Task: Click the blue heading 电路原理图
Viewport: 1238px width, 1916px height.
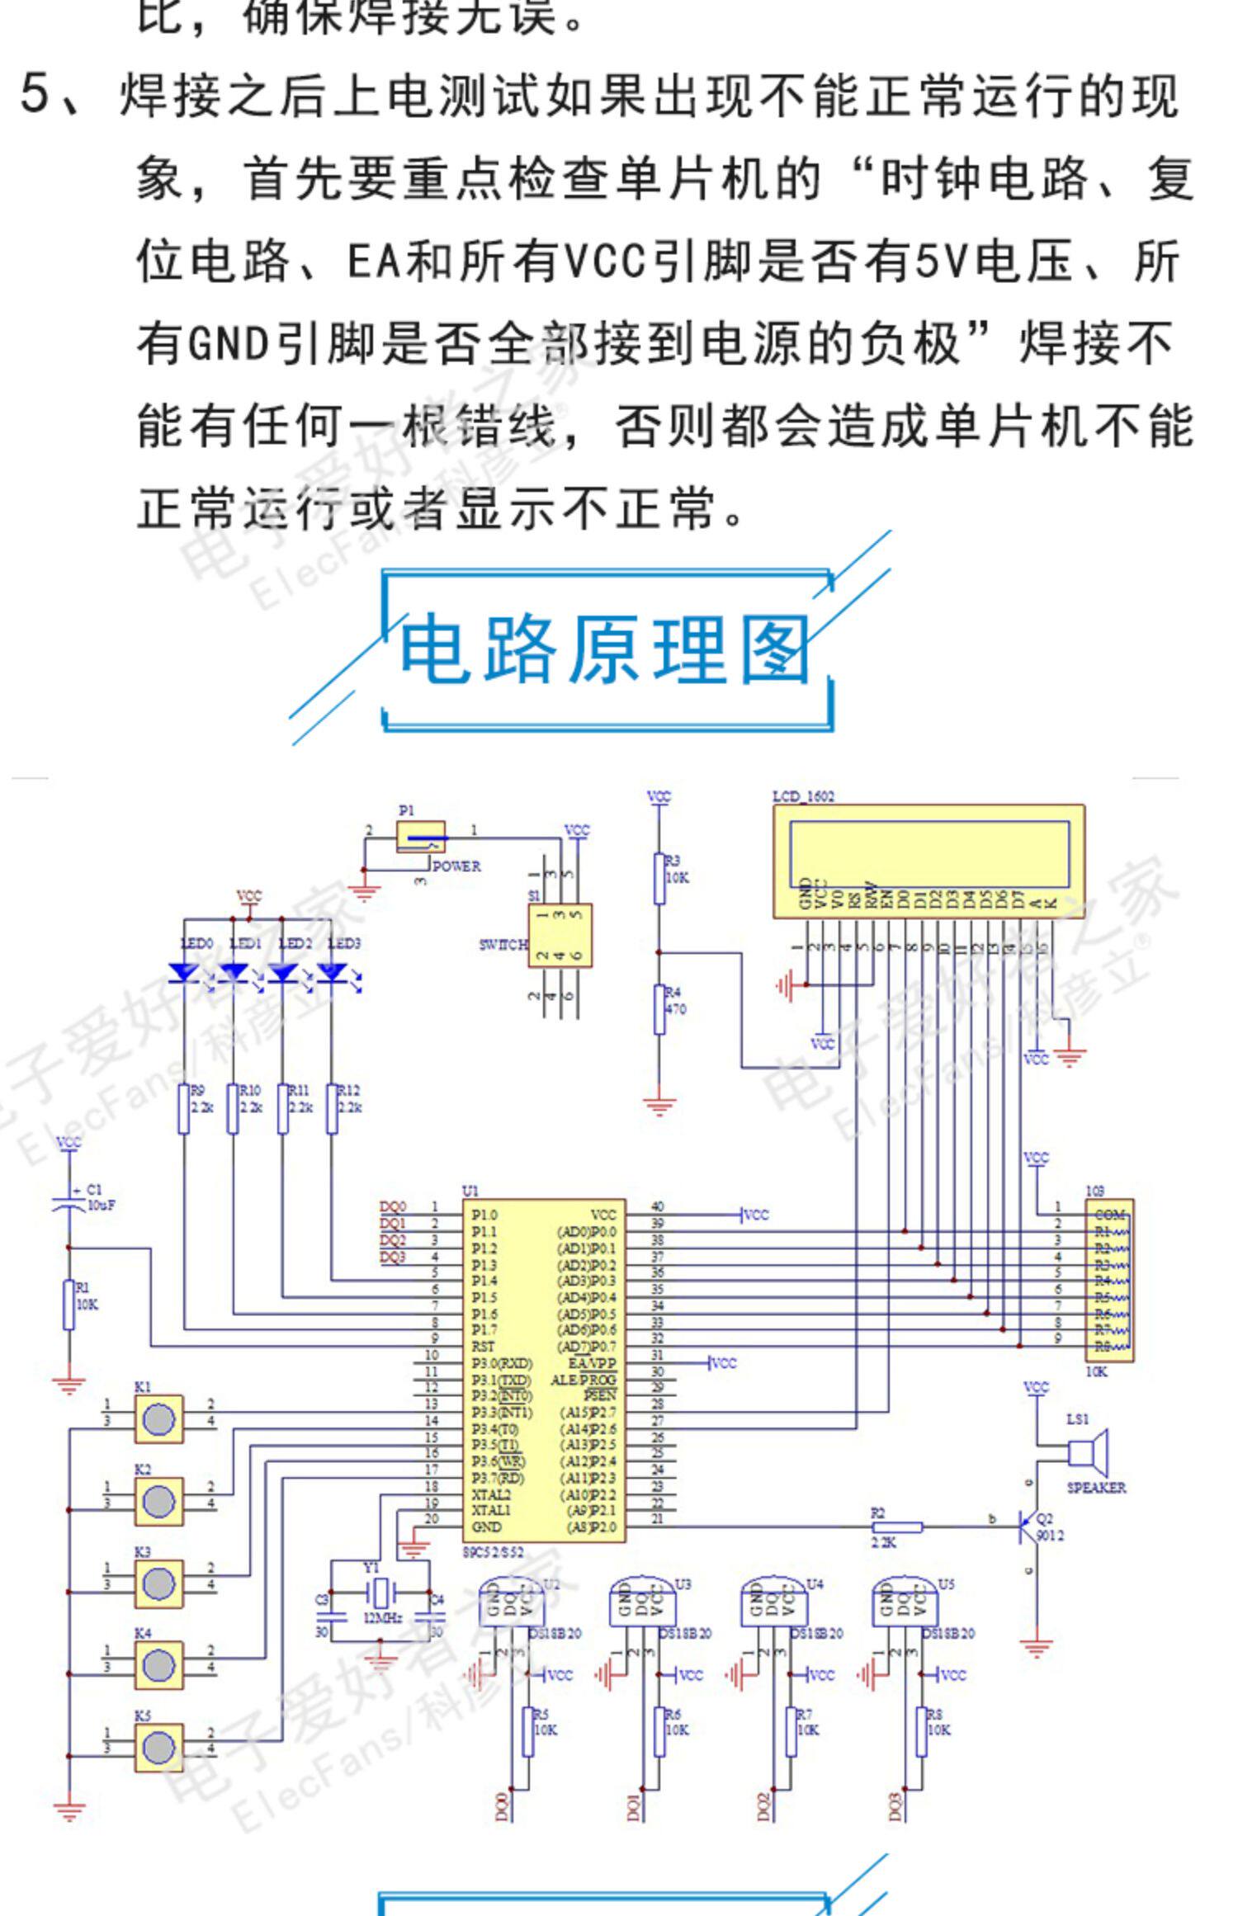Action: [x=605, y=650]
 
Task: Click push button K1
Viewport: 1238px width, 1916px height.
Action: [x=158, y=1419]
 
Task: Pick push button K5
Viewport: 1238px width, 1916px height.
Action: [x=158, y=1747]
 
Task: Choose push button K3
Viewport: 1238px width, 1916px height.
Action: [x=158, y=1583]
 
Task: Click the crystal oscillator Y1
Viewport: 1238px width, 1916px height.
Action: [x=380, y=1591]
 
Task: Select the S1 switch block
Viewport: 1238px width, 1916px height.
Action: [x=560, y=936]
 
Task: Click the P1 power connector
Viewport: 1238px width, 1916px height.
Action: [x=421, y=837]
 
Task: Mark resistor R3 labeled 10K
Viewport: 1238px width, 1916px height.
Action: [x=659, y=879]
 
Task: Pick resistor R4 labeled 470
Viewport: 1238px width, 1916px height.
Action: [x=659, y=1008]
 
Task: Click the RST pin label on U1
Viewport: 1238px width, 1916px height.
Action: [x=483, y=1347]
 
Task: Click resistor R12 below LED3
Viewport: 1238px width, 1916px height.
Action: [x=332, y=1108]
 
